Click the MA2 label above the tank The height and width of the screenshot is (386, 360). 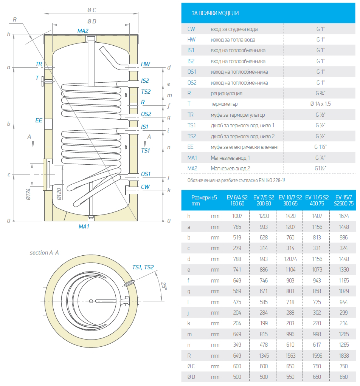pos(83,31)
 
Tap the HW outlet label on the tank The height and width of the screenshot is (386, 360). pos(145,64)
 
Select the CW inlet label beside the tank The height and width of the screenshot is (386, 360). pos(145,187)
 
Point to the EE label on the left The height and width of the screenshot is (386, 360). pos(39,120)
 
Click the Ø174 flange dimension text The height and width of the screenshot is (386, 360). pos(28,193)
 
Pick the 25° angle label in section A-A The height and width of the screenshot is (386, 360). pos(163,286)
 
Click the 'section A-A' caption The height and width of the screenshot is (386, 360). pos(44,253)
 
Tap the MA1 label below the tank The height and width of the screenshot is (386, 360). pos(84,227)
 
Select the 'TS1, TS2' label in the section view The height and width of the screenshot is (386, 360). pos(143,267)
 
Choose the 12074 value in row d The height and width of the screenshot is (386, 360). pos(290,259)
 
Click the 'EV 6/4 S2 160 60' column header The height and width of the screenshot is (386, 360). pos(237,200)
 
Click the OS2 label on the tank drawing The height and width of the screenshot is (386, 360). pos(146,114)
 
